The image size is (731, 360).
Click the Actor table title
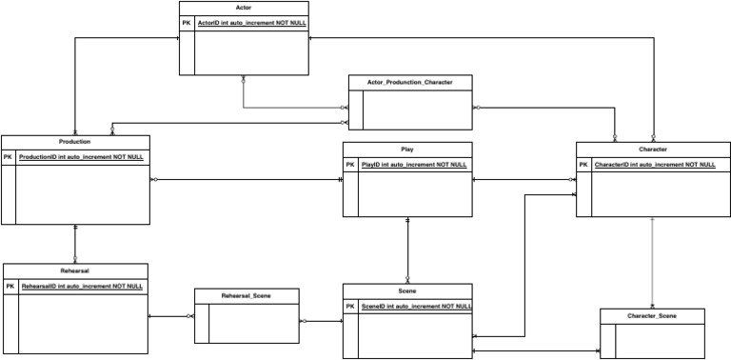tap(244, 8)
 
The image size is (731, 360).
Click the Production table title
tap(74, 141)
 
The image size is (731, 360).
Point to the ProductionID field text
tap(81, 156)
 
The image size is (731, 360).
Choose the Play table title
tap(407, 150)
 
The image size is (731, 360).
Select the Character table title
tap(653, 150)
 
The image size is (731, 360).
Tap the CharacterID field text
tap(655, 165)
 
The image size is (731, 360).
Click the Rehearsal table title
tap(75, 270)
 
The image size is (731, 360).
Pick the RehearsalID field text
tap(82, 286)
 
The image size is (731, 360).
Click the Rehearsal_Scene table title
tap(247, 296)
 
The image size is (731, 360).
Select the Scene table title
tap(407, 290)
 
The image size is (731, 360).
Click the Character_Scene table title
tap(652, 315)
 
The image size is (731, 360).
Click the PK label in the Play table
tap(349, 165)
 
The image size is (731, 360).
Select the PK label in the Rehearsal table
tap(10, 286)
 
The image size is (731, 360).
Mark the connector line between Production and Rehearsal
tap(75, 244)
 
